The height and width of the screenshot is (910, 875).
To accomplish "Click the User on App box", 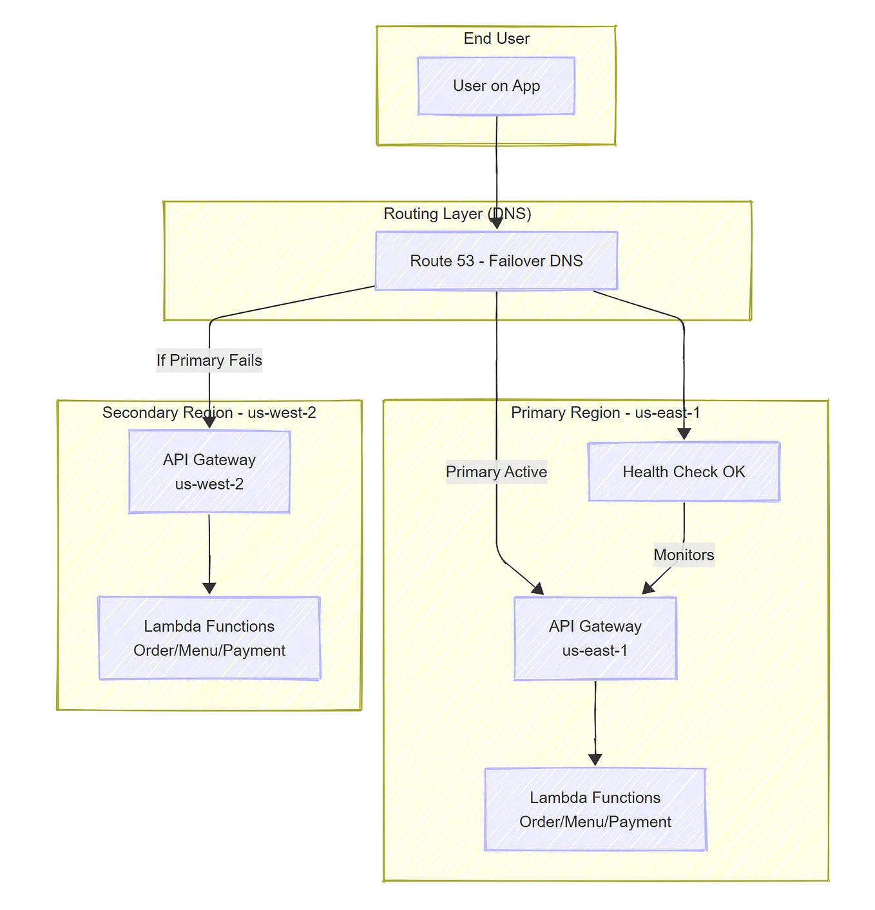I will pos(496,86).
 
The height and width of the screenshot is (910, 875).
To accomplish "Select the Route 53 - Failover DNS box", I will pos(496,261).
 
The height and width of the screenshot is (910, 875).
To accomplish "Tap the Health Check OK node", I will pos(684,472).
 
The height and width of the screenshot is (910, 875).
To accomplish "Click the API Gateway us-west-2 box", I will pos(209,471).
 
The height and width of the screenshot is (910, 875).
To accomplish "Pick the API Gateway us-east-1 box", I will pos(595,638).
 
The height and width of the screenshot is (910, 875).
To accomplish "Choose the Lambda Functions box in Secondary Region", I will pos(209,638).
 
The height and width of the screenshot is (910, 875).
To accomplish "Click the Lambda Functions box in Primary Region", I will pos(595,810).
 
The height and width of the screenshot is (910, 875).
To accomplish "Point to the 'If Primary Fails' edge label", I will pos(209,360).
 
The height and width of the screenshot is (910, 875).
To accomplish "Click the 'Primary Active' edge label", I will pos(496,472).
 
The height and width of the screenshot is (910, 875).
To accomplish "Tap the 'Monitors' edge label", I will pos(684,555).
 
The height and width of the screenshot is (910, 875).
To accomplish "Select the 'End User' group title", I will pos(496,39).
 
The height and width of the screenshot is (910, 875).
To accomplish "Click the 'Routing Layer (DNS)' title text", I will pos(457,214).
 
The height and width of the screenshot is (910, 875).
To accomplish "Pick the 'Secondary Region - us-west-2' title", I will pos(209,413).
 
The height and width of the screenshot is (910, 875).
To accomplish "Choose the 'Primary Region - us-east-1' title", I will pos(605,413).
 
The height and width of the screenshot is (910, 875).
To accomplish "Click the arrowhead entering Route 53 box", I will pos(496,223).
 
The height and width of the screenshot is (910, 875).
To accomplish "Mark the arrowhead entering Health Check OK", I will pos(684,434).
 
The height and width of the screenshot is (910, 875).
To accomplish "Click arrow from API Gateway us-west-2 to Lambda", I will pos(209,554).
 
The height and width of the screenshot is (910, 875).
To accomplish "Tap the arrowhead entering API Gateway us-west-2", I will pos(209,422).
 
